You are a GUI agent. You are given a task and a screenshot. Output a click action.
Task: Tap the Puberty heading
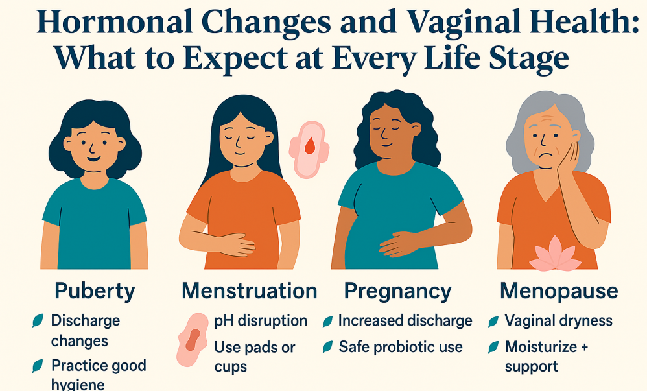95,292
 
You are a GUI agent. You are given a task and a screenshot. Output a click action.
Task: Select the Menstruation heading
249,290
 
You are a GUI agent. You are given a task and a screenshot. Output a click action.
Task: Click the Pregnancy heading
398,292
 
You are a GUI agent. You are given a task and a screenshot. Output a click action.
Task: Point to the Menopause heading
559,292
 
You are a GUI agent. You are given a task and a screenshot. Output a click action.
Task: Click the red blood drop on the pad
309,146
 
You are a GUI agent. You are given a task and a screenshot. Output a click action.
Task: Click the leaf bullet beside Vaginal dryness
493,322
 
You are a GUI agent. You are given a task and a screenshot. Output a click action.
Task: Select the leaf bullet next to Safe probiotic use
328,348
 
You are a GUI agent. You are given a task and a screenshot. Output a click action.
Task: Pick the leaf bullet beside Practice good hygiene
38,366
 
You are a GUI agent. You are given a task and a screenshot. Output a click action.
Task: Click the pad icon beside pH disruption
193,340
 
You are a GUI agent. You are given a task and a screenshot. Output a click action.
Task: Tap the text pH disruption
261,321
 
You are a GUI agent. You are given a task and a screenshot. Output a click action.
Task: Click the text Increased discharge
405,321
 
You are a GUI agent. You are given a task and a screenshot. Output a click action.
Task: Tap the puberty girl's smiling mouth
94,159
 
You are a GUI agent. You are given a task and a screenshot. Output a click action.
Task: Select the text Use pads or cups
255,357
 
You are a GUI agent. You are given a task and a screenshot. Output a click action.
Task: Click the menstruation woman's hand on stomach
235,244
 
